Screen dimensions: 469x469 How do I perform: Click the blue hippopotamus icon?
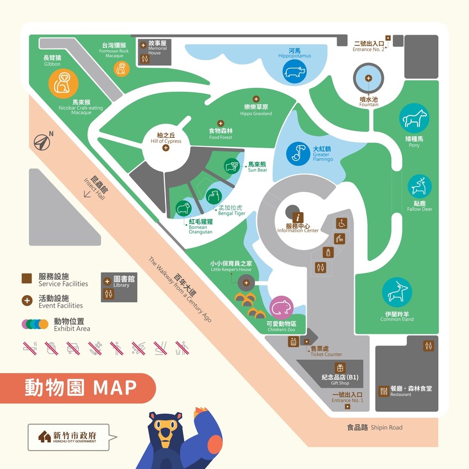click(294, 72)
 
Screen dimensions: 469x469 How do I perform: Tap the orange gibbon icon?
click(63, 83)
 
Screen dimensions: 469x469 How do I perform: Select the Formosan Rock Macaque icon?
click(121, 68)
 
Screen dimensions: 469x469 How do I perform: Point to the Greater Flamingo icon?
click(298, 153)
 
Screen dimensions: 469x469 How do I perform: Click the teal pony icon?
click(414, 118)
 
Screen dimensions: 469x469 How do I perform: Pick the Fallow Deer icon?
click(420, 186)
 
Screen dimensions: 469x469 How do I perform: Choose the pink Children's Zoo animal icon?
click(281, 307)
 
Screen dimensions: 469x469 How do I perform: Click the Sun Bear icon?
click(232, 166)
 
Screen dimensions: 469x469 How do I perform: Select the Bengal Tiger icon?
click(214, 196)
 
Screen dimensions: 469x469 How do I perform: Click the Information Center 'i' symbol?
click(299, 217)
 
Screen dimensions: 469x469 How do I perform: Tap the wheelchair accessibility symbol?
click(342, 223)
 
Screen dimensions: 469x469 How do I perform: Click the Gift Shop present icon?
click(340, 368)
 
